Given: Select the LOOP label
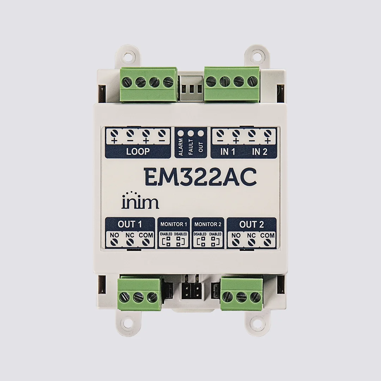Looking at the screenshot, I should pyautogui.click(x=138, y=152).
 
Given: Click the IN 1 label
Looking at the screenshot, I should pyautogui.click(x=228, y=152).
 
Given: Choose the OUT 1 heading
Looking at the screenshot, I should pyautogui.click(x=130, y=224).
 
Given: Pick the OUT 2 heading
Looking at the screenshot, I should pyautogui.click(x=251, y=224).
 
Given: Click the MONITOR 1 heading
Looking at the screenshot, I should pyautogui.click(x=174, y=224).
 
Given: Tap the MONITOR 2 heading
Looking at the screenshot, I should pyautogui.click(x=208, y=224).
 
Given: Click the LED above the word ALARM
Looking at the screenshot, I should pyautogui.click(x=181, y=133).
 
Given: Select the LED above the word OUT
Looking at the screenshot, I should pyautogui.click(x=200, y=133).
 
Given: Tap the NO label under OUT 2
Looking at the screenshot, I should pyautogui.click(x=236, y=235).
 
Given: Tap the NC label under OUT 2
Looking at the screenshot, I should pyautogui.click(x=251, y=235).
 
